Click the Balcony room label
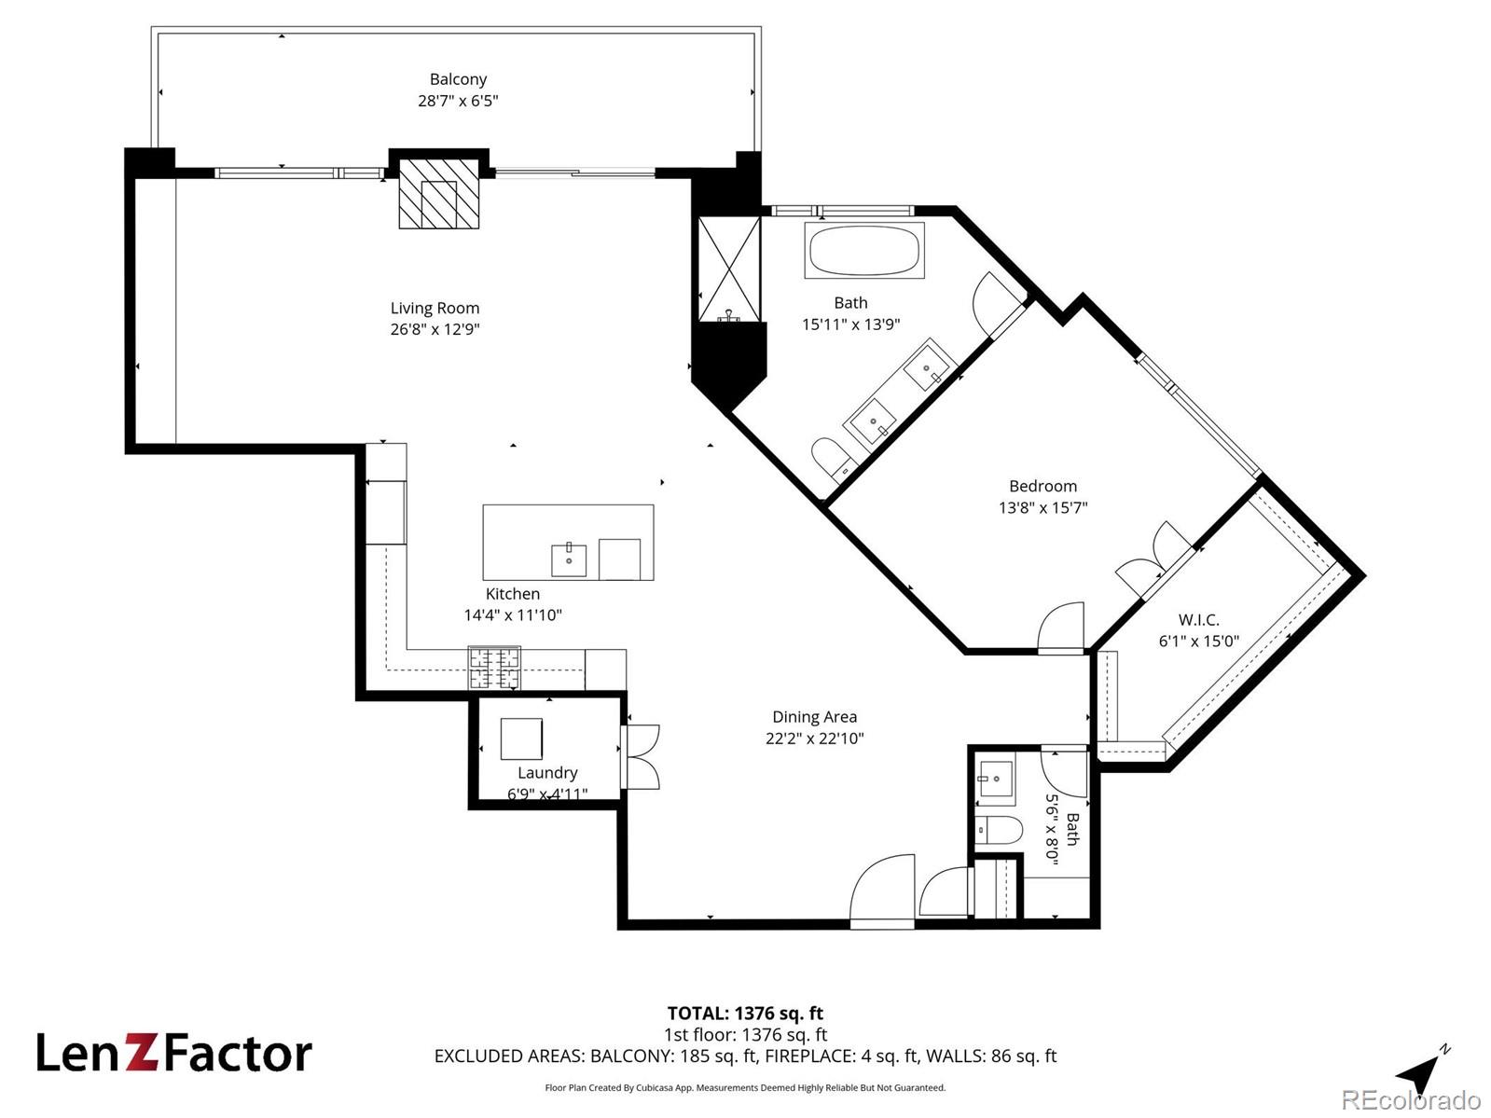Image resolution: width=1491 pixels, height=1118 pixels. (458, 79)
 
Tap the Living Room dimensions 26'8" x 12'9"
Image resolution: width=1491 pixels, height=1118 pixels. (435, 329)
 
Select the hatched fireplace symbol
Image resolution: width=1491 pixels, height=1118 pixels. (439, 194)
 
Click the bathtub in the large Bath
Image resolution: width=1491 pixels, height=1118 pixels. (864, 250)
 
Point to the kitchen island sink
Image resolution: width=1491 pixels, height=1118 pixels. (569, 559)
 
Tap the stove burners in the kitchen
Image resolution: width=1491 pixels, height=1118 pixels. (494, 667)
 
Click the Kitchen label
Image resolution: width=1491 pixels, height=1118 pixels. (513, 594)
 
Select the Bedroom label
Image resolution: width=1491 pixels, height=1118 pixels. (1042, 487)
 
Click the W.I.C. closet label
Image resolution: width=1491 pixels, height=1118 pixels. (1198, 619)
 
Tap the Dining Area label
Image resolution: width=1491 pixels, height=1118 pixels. (814, 716)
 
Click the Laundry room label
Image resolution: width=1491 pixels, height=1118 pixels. (547, 773)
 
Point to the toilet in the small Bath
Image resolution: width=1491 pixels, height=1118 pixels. (1000, 829)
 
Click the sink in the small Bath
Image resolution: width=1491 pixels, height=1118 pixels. (995, 779)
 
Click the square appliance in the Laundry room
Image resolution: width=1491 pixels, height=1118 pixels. (521, 738)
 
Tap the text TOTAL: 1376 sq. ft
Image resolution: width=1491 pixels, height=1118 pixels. (745, 1014)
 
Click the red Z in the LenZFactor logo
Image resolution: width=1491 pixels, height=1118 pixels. (143, 1054)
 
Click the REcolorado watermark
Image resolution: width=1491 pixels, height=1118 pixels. (1412, 1099)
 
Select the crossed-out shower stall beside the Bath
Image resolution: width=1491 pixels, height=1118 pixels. (729, 269)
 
